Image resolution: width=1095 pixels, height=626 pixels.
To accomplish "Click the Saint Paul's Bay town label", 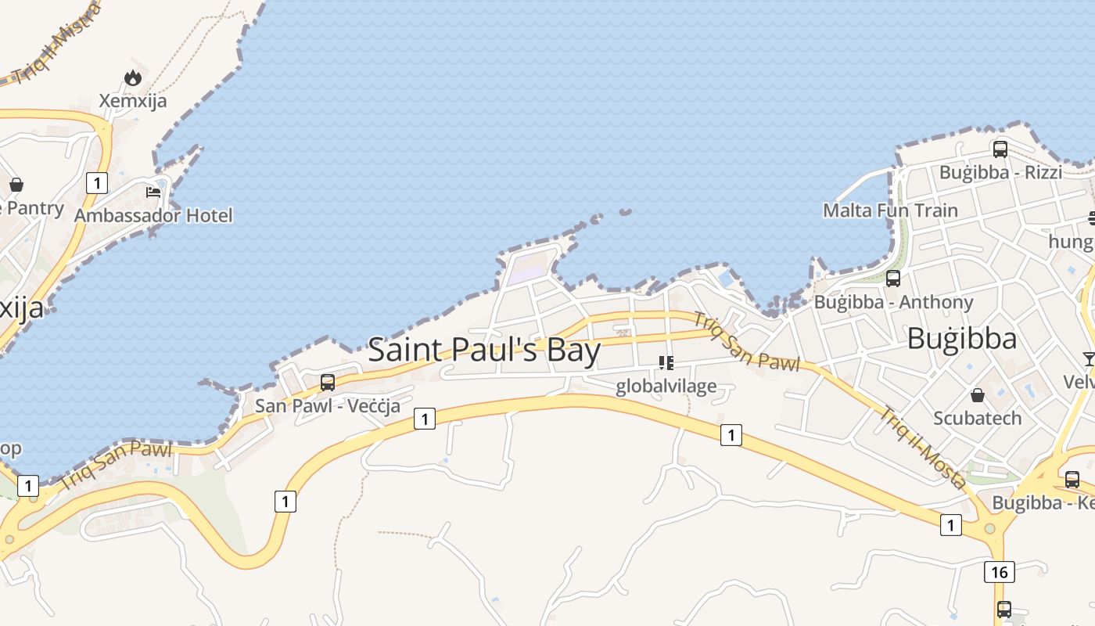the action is [484, 350].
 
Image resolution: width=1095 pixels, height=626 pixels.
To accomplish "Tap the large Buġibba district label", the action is [962, 339].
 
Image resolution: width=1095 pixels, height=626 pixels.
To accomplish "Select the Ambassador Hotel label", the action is [153, 214].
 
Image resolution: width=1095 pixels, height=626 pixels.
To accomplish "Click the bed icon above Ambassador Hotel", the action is [153, 192].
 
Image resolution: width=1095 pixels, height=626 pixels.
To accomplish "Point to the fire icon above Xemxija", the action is [133, 77].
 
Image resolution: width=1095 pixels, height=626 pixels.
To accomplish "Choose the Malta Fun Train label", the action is [890, 210].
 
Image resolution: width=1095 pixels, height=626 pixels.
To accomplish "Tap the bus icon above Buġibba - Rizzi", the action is [1000, 149].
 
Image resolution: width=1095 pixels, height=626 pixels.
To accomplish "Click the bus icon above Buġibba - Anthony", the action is [893, 278].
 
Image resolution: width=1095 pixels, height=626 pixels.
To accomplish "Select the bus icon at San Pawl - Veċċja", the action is [328, 382].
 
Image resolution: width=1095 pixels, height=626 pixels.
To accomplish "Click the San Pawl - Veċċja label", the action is [328, 405].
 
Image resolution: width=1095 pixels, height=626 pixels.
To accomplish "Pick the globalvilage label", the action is [666, 386].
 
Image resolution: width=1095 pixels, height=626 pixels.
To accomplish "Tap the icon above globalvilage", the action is [666, 362].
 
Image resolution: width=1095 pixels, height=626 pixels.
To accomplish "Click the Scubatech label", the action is [977, 418].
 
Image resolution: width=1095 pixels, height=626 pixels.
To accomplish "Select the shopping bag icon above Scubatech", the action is [977, 395].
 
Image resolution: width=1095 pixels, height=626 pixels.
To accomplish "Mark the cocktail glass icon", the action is [1089, 359].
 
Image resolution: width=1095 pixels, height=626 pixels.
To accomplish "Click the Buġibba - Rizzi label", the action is [1000, 172].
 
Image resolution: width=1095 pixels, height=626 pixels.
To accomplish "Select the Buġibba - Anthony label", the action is [893, 302].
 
